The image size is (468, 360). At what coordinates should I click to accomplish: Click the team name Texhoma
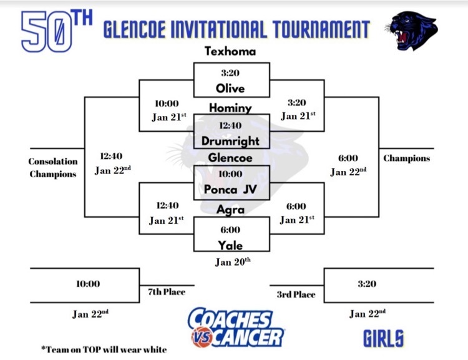click(x=230, y=51)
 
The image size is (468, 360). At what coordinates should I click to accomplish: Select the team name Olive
click(x=230, y=89)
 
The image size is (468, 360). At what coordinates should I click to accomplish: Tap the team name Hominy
click(x=230, y=108)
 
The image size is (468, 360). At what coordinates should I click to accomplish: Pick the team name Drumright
click(x=230, y=141)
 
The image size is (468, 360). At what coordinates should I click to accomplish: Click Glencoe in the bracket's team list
click(x=230, y=158)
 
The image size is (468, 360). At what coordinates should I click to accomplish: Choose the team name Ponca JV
click(x=230, y=189)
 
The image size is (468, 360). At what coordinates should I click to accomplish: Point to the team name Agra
click(x=230, y=210)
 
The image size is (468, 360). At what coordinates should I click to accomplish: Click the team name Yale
click(x=230, y=245)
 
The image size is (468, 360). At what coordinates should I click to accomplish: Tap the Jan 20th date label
click(x=233, y=262)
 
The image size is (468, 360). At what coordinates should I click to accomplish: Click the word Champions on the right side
click(x=406, y=158)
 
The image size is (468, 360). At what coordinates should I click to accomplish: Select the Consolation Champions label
click(x=53, y=167)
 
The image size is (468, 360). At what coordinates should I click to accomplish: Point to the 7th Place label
click(x=167, y=291)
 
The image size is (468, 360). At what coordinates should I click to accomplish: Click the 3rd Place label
click(x=296, y=294)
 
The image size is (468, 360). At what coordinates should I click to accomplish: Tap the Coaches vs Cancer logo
click(x=236, y=328)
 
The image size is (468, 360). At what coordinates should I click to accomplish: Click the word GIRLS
click(x=383, y=339)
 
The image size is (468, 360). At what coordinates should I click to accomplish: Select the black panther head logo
click(x=411, y=31)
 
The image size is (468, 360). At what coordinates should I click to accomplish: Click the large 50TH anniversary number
click(x=57, y=31)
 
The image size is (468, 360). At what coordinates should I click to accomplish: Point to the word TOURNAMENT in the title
click(x=321, y=29)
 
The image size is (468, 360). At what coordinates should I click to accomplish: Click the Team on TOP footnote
click(x=104, y=349)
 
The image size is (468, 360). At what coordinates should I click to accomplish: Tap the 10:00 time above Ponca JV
click(x=230, y=173)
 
